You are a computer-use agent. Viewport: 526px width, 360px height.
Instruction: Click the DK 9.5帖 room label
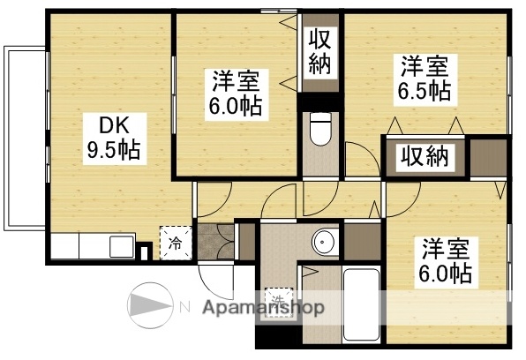click(111, 137)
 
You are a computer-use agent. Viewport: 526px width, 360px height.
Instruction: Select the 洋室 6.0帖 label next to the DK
click(236, 95)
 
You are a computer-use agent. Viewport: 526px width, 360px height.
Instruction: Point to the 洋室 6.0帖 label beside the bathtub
click(444, 260)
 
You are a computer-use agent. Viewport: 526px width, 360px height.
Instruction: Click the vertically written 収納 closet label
click(319, 53)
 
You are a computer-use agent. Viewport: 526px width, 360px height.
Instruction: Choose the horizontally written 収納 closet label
click(426, 157)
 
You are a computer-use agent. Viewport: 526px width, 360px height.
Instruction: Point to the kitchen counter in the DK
click(93, 244)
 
